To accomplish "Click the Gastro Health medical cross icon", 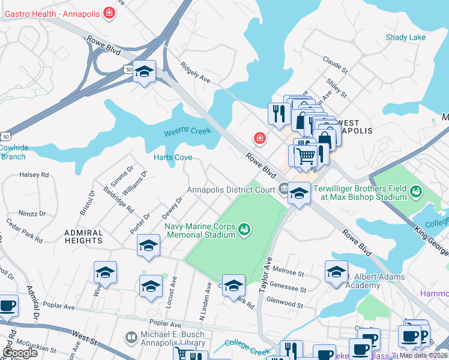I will pyautogui.click(x=109, y=12).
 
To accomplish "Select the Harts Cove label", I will pyautogui.click(x=173, y=158).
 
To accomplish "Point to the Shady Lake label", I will pyautogui.click(x=405, y=37).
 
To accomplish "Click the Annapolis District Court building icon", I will pyautogui.click(x=283, y=190).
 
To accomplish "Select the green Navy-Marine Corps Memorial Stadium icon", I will pyautogui.click(x=244, y=229).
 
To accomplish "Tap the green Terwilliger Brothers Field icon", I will pyautogui.click(x=415, y=192).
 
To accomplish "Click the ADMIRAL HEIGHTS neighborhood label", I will pyautogui.click(x=83, y=236).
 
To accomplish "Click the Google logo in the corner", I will pyautogui.click(x=19, y=353).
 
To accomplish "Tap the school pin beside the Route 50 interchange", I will pyautogui.click(x=144, y=72).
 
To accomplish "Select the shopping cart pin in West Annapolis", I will pyautogui.click(x=306, y=156).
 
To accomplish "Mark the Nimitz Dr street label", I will pyautogui.click(x=32, y=213).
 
